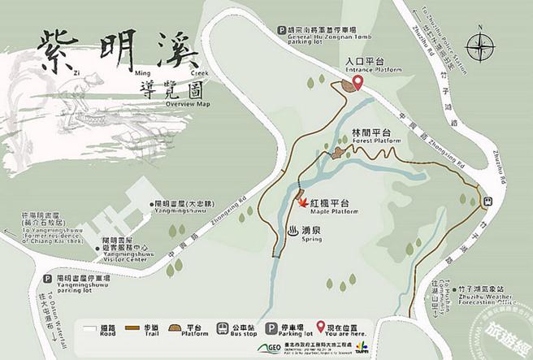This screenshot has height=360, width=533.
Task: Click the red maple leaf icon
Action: (304, 204)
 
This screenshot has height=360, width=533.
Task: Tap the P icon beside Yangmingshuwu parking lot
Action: (38, 279)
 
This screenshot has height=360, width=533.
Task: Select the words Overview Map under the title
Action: (187, 104)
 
